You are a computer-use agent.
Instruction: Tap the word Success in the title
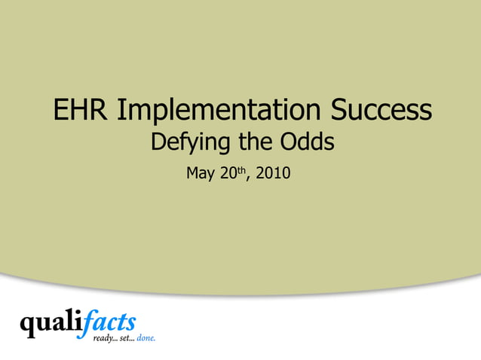tap(381, 111)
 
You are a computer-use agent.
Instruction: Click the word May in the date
tap(201, 174)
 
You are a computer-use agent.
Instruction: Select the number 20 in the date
tap(228, 174)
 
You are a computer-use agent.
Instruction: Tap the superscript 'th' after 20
tap(242, 169)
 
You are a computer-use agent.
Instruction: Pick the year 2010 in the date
tap(273, 174)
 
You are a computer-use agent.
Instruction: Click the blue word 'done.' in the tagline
tap(146, 339)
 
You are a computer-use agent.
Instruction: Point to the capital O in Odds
tap(290, 142)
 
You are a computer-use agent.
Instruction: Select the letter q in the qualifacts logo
tap(28, 327)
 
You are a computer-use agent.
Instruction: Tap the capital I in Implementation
tap(122, 111)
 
